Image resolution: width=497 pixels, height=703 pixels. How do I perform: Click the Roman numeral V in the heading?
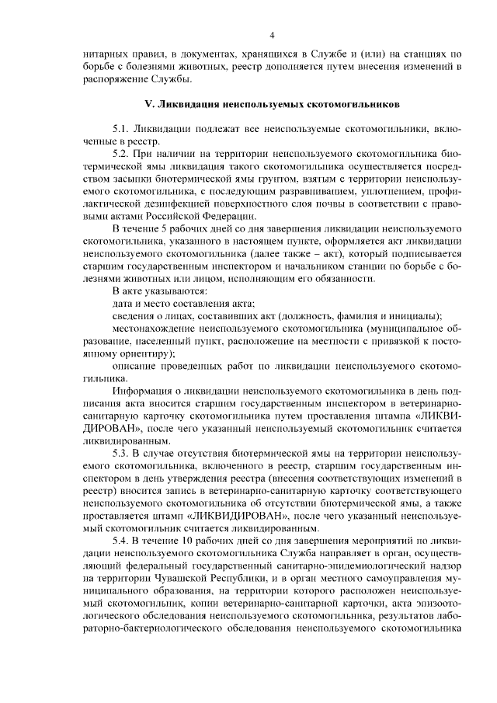click(x=149, y=103)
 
